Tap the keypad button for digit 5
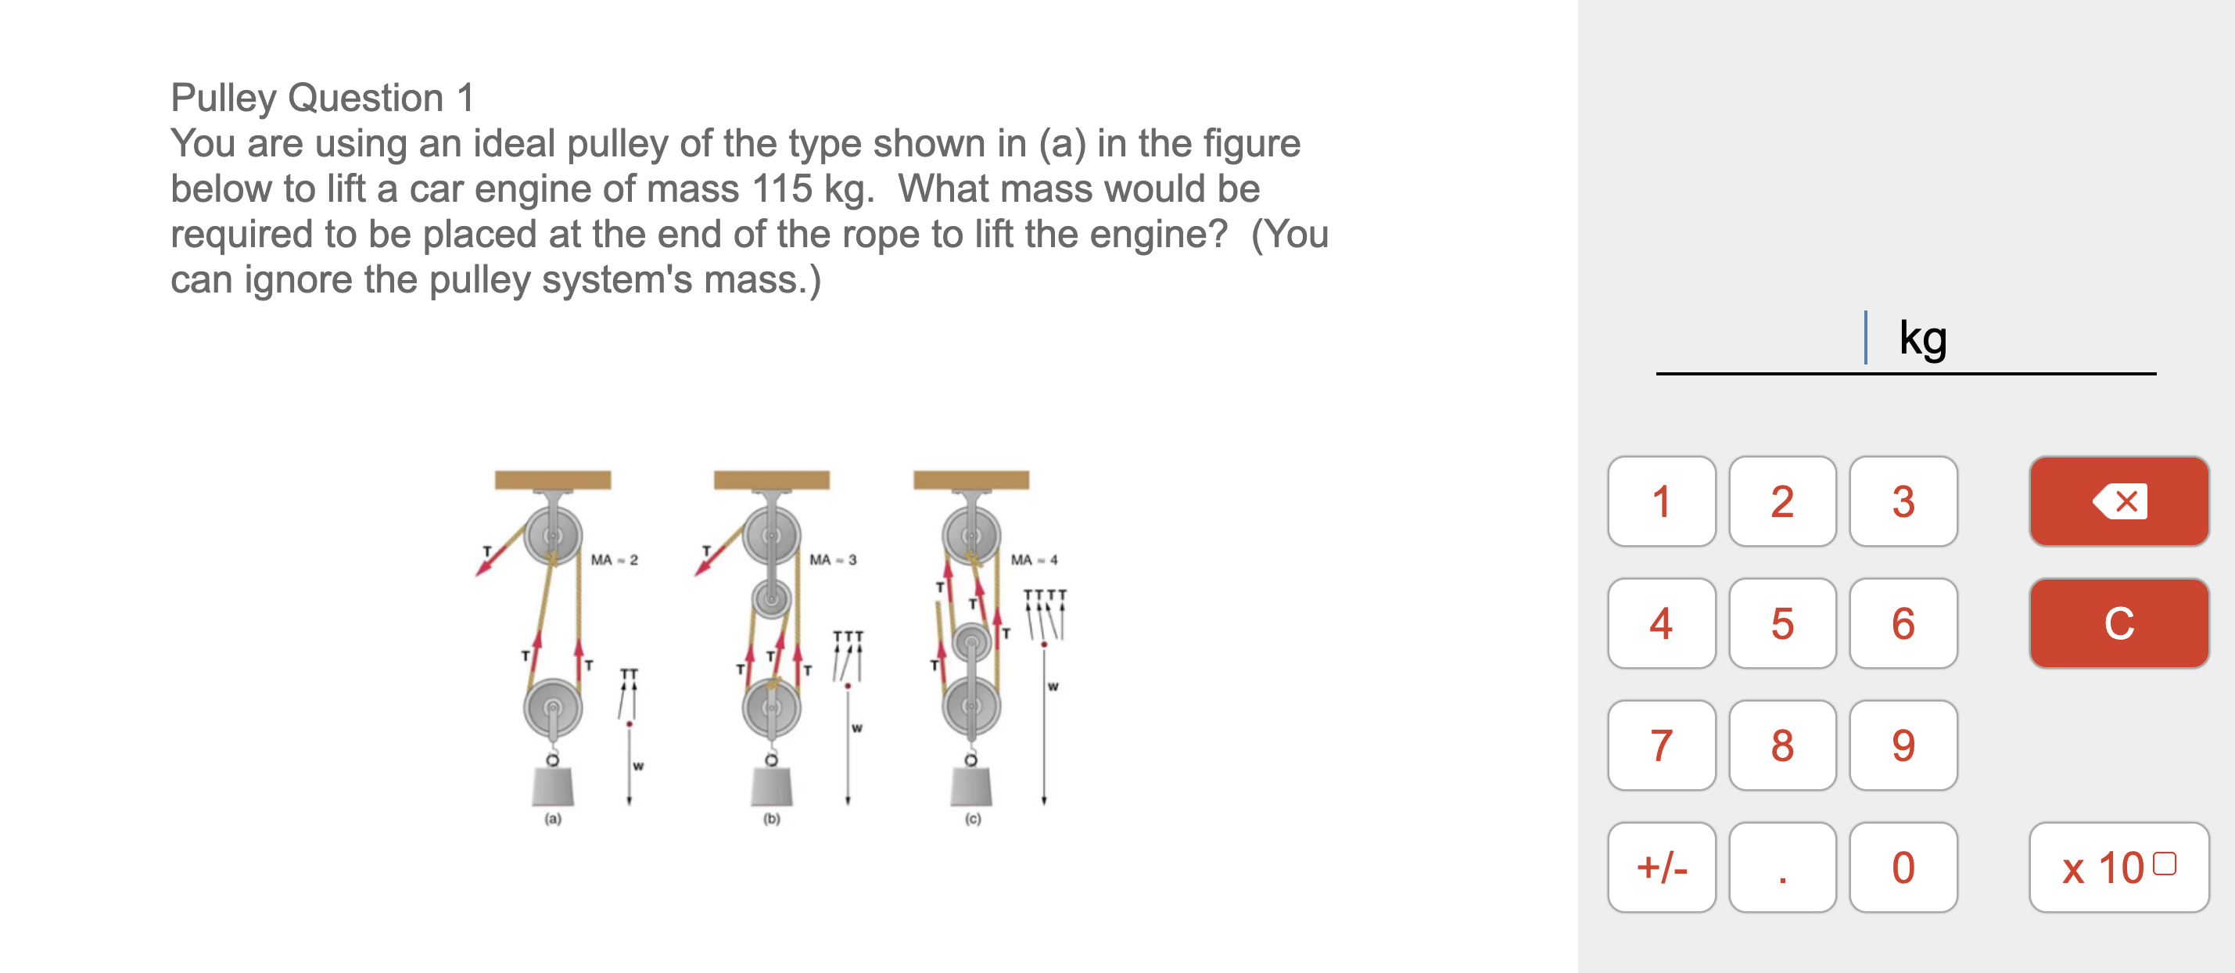click(x=1781, y=623)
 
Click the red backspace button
click(x=2118, y=501)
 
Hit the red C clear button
click(x=2118, y=623)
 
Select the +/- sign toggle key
click(x=1661, y=867)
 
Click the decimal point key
click(x=1781, y=867)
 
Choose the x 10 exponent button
click(x=2118, y=867)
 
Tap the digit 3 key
click(x=1903, y=501)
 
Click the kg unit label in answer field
click(x=1923, y=338)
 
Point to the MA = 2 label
click(x=615, y=560)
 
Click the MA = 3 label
click(x=833, y=560)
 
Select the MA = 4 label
click(x=1034, y=560)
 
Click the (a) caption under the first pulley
click(x=553, y=818)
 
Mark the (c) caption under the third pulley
click(x=973, y=818)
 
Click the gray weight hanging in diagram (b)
click(x=771, y=786)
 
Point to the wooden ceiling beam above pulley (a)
click(x=553, y=480)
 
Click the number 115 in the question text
click(x=783, y=189)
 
